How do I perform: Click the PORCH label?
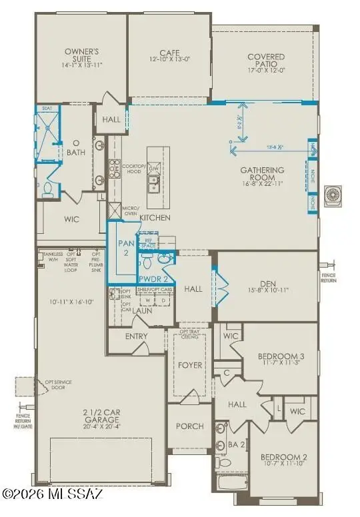click(189, 426)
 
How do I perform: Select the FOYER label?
click(189, 365)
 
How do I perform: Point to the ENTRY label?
click(136, 336)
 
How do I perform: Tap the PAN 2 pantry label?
click(127, 248)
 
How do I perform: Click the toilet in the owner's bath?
click(47, 191)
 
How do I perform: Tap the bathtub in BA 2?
click(233, 481)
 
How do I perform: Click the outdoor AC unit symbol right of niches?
click(332, 195)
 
